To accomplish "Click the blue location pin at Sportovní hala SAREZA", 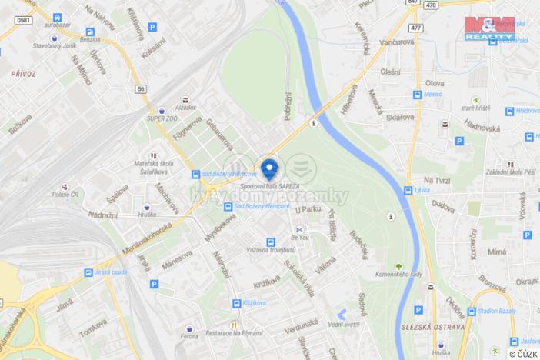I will pos(269,167).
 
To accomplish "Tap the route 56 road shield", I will pos(142,88).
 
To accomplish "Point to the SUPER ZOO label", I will pos(162,119).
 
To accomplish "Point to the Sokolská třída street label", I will pos(298,276).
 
